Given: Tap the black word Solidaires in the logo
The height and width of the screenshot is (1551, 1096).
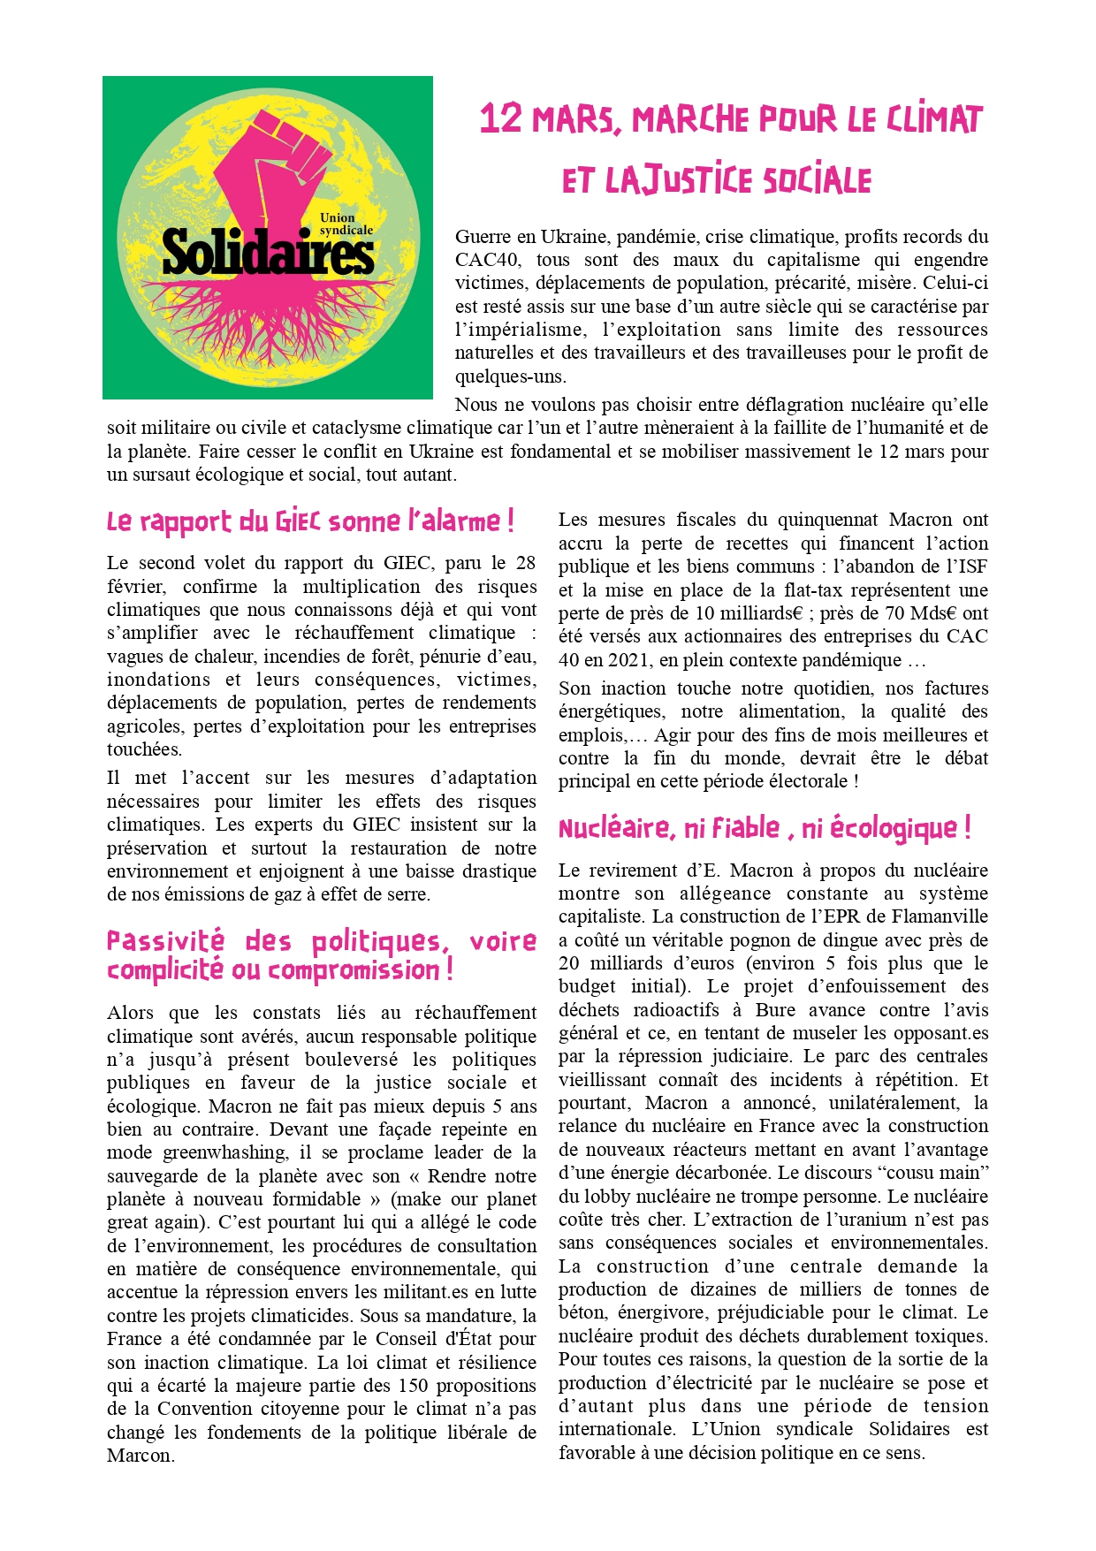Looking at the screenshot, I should click(267, 252).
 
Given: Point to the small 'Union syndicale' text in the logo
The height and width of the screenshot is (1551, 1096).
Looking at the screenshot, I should click(346, 224).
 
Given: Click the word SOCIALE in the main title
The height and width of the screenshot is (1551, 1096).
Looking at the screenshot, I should click(818, 181).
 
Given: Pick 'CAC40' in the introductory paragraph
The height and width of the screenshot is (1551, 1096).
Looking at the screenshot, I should click(485, 260).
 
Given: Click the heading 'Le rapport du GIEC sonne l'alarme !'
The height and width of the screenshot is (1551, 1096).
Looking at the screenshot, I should click(310, 521).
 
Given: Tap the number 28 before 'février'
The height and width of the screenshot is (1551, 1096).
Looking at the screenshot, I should click(526, 563).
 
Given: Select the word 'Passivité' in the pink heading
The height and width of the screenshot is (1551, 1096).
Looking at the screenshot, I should click(165, 941).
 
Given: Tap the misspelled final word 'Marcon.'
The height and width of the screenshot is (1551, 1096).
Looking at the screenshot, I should click(141, 1456).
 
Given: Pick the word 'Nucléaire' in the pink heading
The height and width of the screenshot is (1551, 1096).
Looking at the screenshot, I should click(614, 829).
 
